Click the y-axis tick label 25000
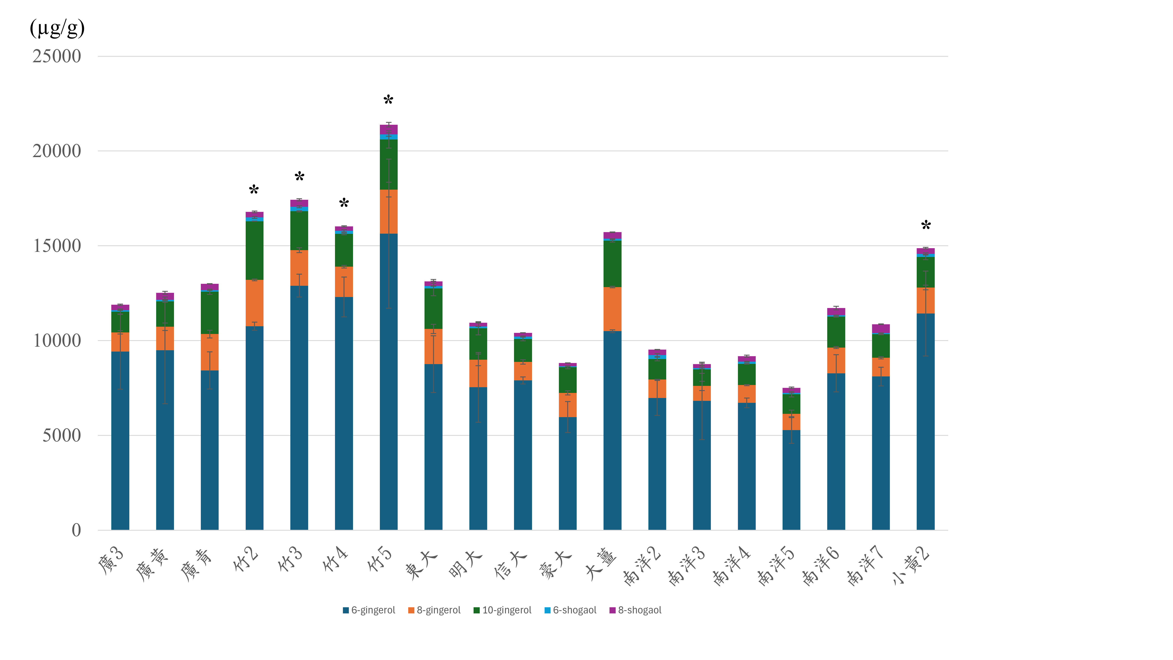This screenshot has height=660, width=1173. pos(57,57)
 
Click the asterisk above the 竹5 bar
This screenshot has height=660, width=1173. pos(388,100)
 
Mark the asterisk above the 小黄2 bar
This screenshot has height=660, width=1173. pos(926,225)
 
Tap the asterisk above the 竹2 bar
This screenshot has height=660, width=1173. pos(254,189)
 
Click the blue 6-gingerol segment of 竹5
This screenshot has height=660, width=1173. pos(388,382)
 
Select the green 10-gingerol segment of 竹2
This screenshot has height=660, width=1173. pos(254,251)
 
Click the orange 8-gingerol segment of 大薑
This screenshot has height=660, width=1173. pos(613,309)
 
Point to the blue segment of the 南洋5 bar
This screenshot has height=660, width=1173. pos(791,480)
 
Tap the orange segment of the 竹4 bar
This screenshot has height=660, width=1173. pos(344,282)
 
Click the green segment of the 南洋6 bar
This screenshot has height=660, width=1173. pos(836,332)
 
